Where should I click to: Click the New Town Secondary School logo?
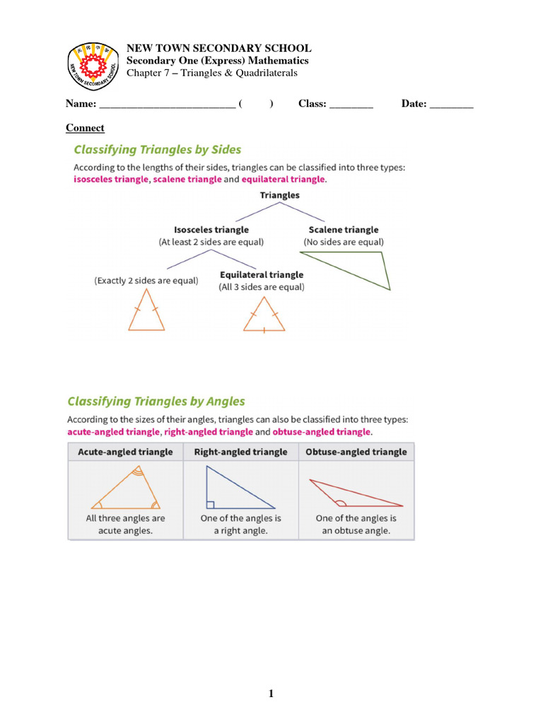[93, 66]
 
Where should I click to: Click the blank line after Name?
[167, 105]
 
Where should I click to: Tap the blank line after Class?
[351, 105]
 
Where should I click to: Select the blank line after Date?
[451, 105]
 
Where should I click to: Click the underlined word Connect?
[85, 128]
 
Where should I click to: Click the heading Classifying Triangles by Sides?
[158, 150]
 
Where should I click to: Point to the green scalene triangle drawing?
[354, 269]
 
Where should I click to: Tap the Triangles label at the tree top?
[279, 195]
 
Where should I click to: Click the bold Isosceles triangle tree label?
[211, 230]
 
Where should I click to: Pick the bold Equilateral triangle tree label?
[262, 275]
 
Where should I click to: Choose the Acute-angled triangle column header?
[125, 452]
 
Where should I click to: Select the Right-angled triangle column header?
[240, 452]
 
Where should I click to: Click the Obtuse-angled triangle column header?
[356, 452]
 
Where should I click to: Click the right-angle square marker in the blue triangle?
[210, 504]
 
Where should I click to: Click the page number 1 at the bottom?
[271, 694]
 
